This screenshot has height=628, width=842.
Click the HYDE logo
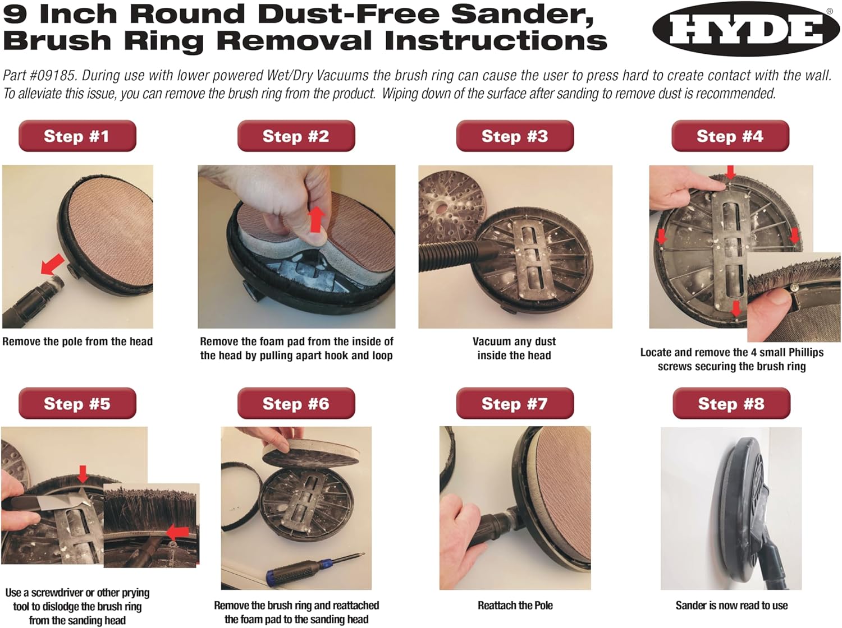tap(745, 29)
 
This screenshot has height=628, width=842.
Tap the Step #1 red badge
tap(77, 136)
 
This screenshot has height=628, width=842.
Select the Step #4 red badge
tap(730, 136)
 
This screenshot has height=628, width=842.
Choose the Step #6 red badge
tap(296, 403)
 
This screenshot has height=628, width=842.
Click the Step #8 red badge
tap(731, 403)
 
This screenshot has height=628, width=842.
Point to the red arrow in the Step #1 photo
tap(53, 264)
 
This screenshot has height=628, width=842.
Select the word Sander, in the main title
tap(522, 14)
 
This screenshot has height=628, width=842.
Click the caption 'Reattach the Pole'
tap(515, 606)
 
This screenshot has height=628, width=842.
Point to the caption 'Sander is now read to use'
tap(731, 606)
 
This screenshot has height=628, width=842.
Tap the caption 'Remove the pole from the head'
tap(77, 341)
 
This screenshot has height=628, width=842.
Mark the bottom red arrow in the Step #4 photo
tap(735, 308)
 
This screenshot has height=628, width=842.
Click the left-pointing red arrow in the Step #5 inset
tap(178, 533)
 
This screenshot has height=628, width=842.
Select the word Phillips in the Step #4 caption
tap(805, 353)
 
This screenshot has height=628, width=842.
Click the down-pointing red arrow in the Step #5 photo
tap(83, 474)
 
